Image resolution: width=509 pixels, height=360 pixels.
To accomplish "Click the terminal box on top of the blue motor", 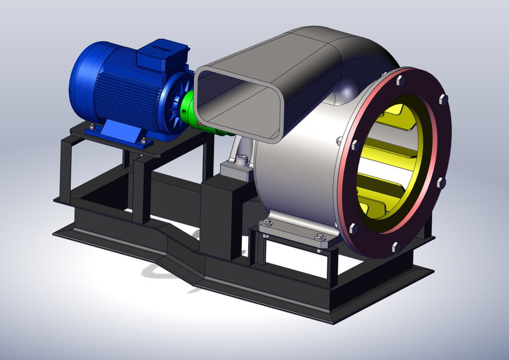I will click(161, 55).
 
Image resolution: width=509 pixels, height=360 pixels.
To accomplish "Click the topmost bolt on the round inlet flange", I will click(400, 80).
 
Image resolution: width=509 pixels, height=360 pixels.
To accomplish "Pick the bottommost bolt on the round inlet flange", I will click(395, 247).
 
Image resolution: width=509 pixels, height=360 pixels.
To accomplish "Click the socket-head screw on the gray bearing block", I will click(241, 162).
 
